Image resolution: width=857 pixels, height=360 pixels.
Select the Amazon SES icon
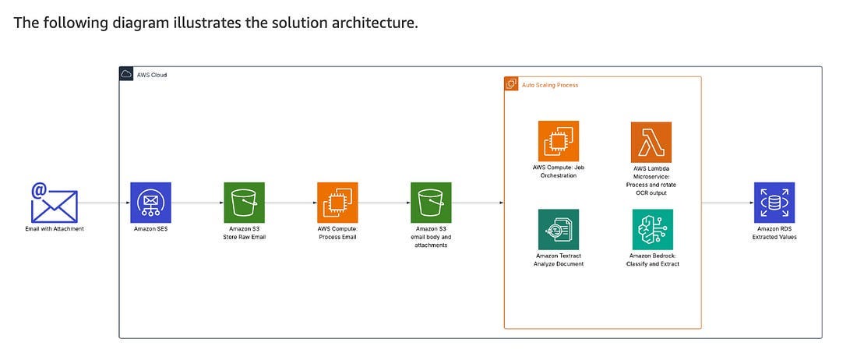click(x=150, y=203)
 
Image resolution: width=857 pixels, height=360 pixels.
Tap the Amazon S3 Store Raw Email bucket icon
click(x=244, y=203)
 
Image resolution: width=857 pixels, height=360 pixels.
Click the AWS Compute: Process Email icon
click(x=337, y=203)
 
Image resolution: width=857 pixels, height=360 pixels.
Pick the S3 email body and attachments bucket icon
click(x=431, y=203)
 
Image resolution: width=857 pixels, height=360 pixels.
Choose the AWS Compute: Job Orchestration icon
click(x=558, y=141)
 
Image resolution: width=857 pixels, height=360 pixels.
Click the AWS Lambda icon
click(x=651, y=142)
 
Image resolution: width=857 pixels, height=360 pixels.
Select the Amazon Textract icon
click(x=558, y=229)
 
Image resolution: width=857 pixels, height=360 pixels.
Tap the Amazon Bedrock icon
click(x=652, y=229)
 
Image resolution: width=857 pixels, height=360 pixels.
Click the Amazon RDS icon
click(x=774, y=203)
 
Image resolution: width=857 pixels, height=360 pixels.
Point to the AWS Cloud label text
click(x=152, y=75)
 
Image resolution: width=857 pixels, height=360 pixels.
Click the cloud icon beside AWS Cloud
click(x=126, y=74)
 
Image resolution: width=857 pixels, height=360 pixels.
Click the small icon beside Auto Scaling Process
click(x=512, y=84)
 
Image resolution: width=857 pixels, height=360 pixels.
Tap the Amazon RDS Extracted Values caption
click(x=774, y=232)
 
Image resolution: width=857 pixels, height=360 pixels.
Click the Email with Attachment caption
click(x=54, y=228)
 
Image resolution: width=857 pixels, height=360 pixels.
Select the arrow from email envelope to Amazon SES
click(x=104, y=203)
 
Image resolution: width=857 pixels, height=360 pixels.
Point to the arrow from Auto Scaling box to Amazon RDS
click(x=728, y=203)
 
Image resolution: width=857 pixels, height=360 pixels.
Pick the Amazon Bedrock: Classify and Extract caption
click(x=652, y=259)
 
